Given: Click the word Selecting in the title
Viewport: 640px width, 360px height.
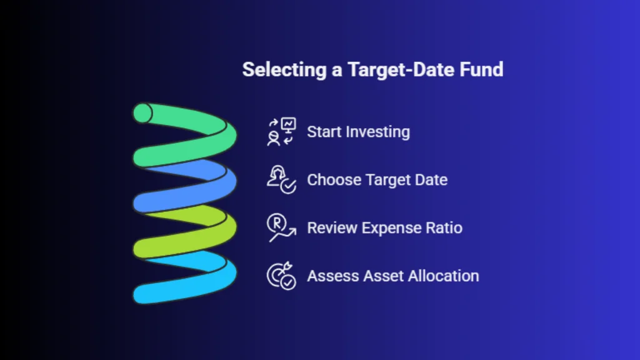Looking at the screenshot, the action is (x=284, y=70).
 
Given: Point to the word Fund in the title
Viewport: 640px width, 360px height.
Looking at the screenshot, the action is (x=481, y=69).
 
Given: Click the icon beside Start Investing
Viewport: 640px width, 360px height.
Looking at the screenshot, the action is (x=282, y=132).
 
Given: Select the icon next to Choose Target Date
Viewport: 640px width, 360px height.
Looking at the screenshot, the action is (x=282, y=179).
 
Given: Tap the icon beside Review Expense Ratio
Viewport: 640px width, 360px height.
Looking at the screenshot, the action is (x=282, y=227).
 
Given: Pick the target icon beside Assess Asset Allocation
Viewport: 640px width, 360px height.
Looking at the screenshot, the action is (x=282, y=276).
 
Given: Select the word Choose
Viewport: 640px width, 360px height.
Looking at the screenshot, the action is (x=334, y=180).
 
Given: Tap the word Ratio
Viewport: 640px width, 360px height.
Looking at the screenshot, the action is (x=444, y=227).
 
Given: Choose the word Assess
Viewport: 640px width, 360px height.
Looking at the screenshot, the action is (x=332, y=276).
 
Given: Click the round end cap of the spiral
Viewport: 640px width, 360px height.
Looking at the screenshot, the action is (x=142, y=113).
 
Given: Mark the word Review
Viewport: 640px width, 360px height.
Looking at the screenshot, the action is (x=332, y=227).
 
